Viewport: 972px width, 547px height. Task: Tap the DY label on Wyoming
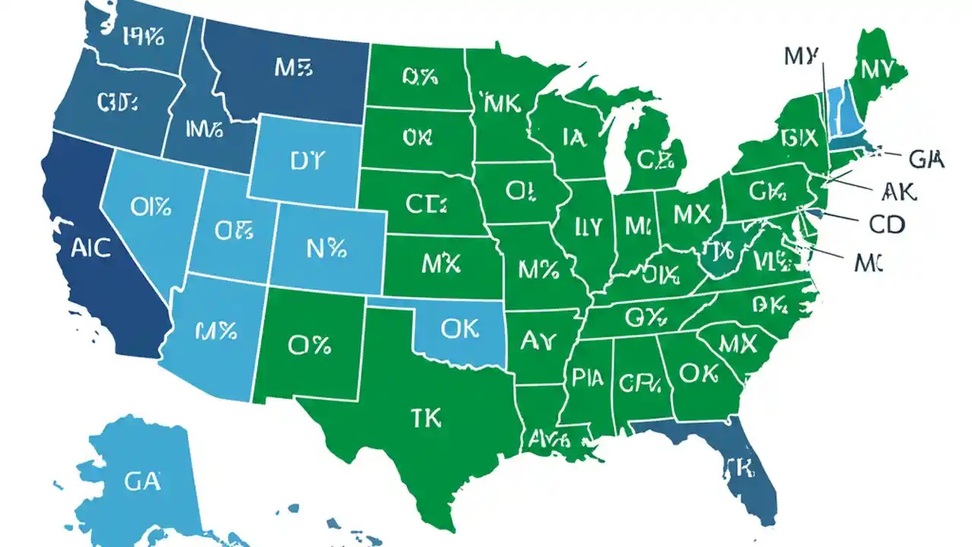click(x=307, y=160)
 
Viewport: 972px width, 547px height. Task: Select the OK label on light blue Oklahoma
click(x=459, y=327)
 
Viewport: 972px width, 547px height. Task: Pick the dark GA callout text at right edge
click(x=926, y=159)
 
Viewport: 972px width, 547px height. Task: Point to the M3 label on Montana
click(x=293, y=68)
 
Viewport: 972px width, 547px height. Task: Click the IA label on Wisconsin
click(x=574, y=137)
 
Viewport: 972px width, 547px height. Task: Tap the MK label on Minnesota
click(x=500, y=103)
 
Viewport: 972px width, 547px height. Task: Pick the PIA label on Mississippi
click(x=588, y=378)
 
